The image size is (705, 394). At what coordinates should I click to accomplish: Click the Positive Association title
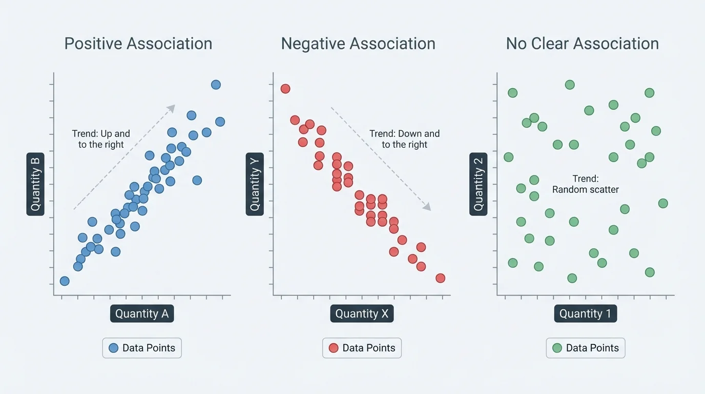[138, 44]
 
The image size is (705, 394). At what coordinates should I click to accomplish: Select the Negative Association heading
[358, 44]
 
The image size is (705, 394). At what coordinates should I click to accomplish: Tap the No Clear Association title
[583, 44]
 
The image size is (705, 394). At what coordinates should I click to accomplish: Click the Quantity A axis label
[142, 314]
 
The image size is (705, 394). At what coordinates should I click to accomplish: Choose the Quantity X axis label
[362, 314]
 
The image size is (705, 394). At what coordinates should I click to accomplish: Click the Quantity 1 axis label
[585, 314]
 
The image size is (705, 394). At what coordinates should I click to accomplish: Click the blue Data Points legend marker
[114, 348]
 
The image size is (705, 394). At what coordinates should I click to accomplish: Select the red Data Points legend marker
[334, 348]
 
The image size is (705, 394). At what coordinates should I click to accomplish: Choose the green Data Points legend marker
[557, 348]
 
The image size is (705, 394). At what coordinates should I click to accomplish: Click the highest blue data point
[216, 85]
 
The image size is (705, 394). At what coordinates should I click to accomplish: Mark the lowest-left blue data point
[65, 281]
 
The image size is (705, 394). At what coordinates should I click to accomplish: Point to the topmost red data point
[285, 89]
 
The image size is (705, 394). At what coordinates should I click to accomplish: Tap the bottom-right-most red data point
[440, 278]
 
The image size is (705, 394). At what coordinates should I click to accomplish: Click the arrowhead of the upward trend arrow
[172, 108]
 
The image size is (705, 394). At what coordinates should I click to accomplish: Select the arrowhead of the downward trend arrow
[427, 207]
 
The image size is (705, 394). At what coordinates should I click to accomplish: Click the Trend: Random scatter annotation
[585, 184]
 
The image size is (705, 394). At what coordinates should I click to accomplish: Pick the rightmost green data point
[662, 203]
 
